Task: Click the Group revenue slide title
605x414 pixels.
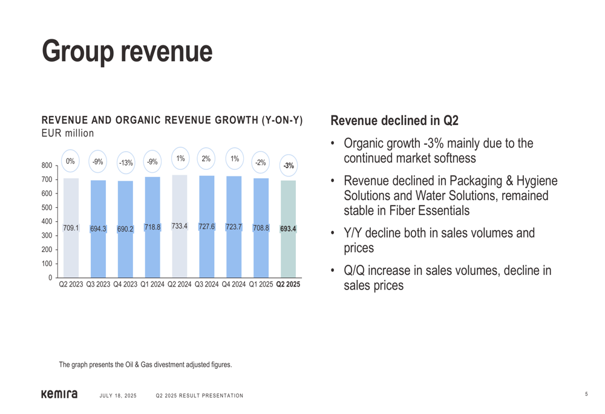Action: tap(127, 51)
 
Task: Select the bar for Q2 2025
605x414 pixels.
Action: tap(288, 254)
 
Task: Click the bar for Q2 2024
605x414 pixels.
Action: tap(179, 254)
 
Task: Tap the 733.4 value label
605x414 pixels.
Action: tap(179, 226)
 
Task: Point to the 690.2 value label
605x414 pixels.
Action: tap(125, 229)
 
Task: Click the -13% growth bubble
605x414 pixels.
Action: tap(125, 163)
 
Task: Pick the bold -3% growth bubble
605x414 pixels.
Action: tap(289, 165)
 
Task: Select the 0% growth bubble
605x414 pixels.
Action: tap(71, 161)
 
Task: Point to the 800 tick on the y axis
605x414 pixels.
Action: tap(47, 166)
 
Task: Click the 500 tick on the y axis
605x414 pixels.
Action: tap(47, 207)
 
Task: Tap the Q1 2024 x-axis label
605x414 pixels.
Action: tap(152, 284)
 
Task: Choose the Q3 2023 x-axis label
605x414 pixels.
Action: tap(98, 284)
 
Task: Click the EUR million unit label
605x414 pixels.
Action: tap(67, 132)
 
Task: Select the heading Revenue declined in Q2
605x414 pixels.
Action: tap(394, 120)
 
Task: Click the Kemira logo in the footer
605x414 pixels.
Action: tap(59, 395)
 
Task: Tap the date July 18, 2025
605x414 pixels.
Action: tap(118, 396)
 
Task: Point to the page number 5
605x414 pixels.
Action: tap(586, 395)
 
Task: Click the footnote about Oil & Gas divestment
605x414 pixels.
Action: tap(145, 364)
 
